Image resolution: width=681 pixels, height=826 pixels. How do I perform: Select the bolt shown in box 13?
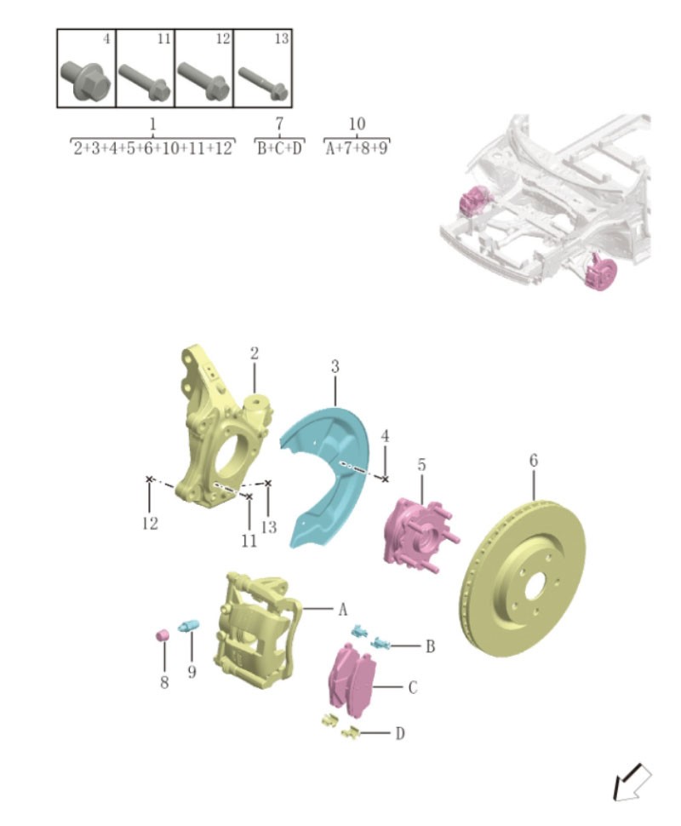263,83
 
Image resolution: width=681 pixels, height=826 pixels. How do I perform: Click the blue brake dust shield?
328,477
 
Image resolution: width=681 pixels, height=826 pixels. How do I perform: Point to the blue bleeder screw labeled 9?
188,628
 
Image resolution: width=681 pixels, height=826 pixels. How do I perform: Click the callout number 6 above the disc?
534,461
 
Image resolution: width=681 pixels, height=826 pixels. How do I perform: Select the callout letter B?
431,647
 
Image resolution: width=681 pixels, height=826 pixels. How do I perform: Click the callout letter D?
399,733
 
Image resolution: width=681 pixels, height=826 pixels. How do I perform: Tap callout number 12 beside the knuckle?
150,524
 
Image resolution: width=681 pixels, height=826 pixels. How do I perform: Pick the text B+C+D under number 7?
279,149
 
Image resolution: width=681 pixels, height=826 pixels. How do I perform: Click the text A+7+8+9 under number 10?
357,149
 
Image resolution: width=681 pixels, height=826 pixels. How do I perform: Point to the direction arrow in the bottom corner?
631,782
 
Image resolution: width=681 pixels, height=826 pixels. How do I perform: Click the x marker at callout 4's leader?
385,479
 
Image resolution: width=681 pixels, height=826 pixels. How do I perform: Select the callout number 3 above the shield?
335,367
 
